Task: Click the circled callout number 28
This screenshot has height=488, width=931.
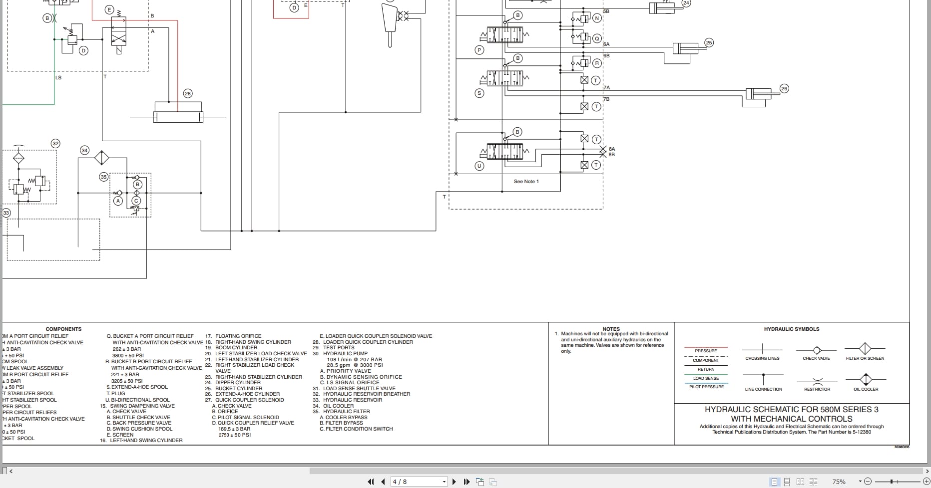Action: pos(188,93)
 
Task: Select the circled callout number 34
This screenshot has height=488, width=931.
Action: pos(84,150)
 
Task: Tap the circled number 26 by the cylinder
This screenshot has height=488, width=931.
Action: pos(784,88)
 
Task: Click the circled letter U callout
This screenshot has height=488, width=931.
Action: pos(479,166)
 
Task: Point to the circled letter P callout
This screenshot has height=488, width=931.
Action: pos(479,50)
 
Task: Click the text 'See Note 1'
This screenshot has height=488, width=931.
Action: pos(526,182)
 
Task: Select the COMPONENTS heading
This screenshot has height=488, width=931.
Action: pos(63,329)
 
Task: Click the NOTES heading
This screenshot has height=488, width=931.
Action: pos(611,329)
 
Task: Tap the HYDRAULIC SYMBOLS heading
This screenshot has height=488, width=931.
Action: pos(791,329)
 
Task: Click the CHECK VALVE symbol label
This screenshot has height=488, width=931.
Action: pos(816,358)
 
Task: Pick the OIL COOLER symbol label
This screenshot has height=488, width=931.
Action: pos(866,389)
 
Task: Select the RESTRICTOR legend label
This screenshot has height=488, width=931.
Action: pos(817,389)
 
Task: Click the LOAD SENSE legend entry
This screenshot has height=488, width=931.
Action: pos(706,378)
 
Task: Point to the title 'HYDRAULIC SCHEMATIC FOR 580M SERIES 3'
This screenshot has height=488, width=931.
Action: pos(791,410)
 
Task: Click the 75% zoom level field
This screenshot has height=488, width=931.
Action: pos(839,482)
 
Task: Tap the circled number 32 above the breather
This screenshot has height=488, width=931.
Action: pos(55,144)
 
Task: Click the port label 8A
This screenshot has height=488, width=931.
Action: pos(612,149)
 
